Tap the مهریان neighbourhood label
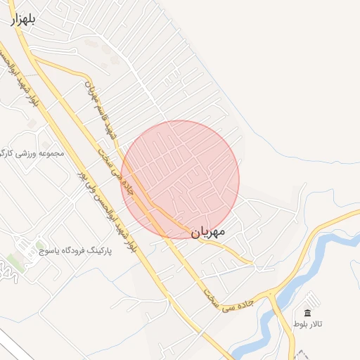point(207,231)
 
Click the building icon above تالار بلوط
point(307,313)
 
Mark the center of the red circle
point(180,179)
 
